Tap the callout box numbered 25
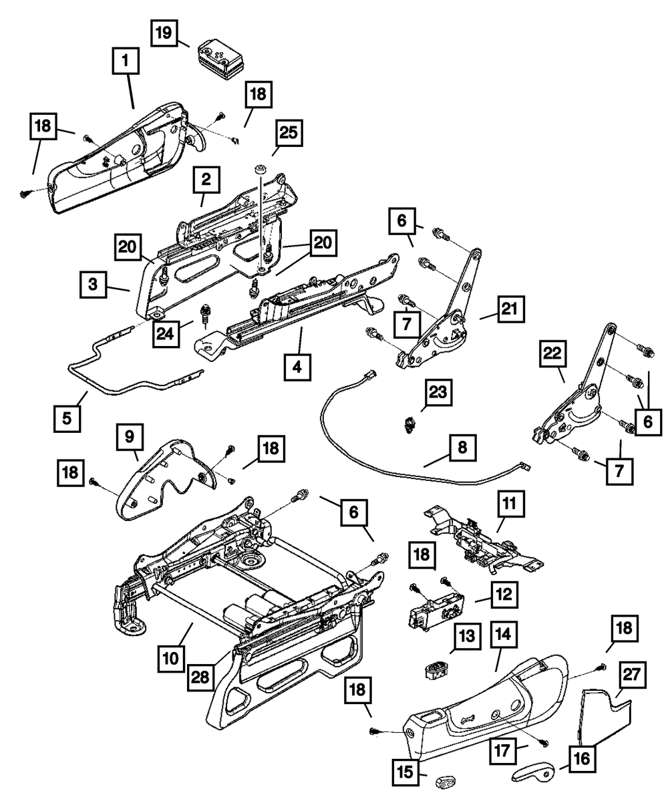(x=287, y=133)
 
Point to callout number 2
(x=206, y=179)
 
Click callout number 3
(x=94, y=284)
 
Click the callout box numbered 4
(x=297, y=367)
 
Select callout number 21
(x=510, y=309)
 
